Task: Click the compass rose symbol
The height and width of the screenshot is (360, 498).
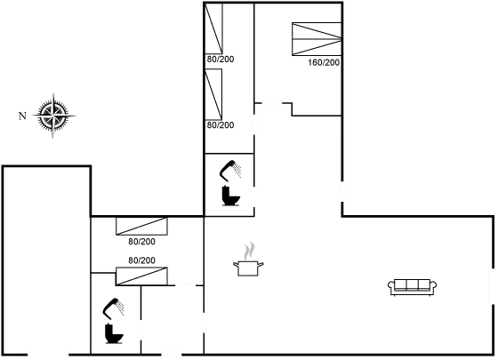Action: pos(53,115)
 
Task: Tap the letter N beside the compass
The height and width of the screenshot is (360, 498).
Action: pos(21,115)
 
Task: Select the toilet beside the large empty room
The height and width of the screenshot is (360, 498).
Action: pos(113,321)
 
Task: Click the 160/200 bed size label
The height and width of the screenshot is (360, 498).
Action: pos(324,63)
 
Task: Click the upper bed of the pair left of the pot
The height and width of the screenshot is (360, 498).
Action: pos(141,228)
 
